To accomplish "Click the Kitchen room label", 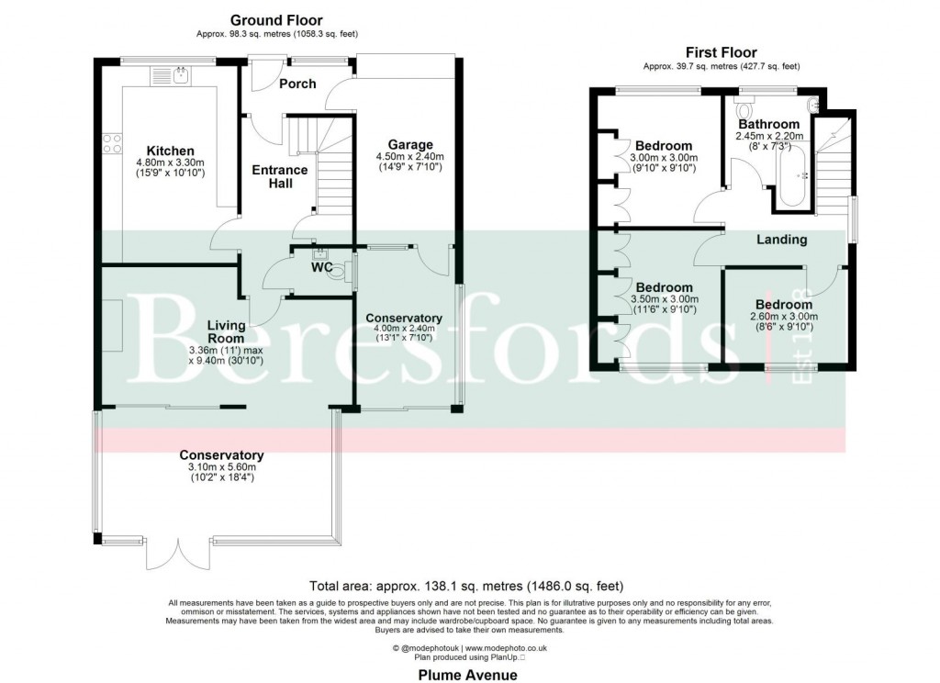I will (171, 151).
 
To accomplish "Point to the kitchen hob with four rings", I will (112, 143).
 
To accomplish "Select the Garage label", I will (409, 144).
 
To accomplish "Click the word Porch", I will (297, 84).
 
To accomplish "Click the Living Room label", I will (225, 330).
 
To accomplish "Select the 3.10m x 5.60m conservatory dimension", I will (221, 466).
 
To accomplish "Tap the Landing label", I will (781, 240).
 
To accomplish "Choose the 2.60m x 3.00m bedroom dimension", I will (783, 317).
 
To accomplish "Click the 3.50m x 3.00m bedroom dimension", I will (664, 299).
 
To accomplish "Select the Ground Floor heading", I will (276, 20).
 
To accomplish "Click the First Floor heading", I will (721, 52).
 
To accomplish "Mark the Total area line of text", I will (469, 585).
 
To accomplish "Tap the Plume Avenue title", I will (467, 675).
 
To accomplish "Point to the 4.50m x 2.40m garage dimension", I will (409, 157).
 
